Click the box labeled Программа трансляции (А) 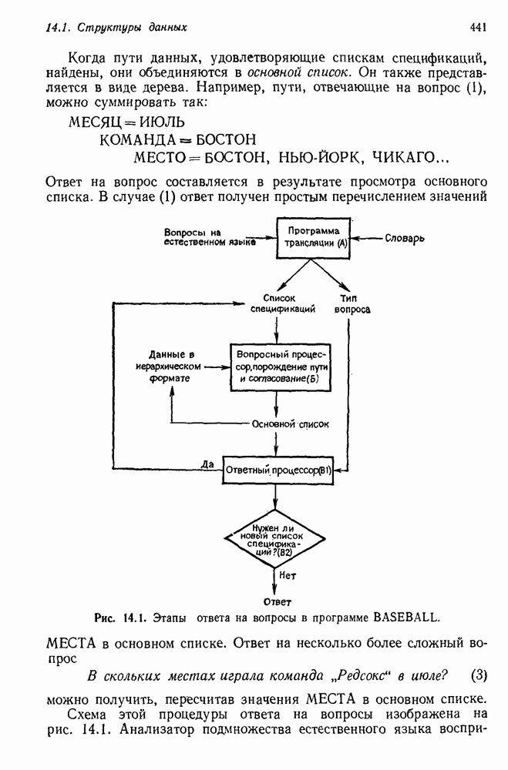[x=308, y=236]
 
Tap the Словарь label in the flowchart [x=405, y=238]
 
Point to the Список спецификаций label [x=278, y=303]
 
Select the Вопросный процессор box [x=278, y=367]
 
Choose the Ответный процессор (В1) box [x=278, y=470]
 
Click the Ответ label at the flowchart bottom [x=278, y=601]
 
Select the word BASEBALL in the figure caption [x=405, y=617]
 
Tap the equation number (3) [x=479, y=675]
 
